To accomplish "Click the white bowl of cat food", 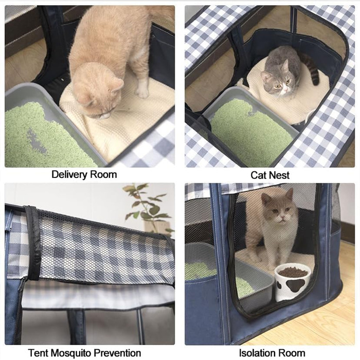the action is [x=293, y=281].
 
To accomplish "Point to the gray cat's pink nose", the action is [x=285, y=88].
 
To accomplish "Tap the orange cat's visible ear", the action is [x=117, y=85].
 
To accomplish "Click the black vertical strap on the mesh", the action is [x=33, y=243].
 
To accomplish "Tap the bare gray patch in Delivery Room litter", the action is [x=37, y=141].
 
